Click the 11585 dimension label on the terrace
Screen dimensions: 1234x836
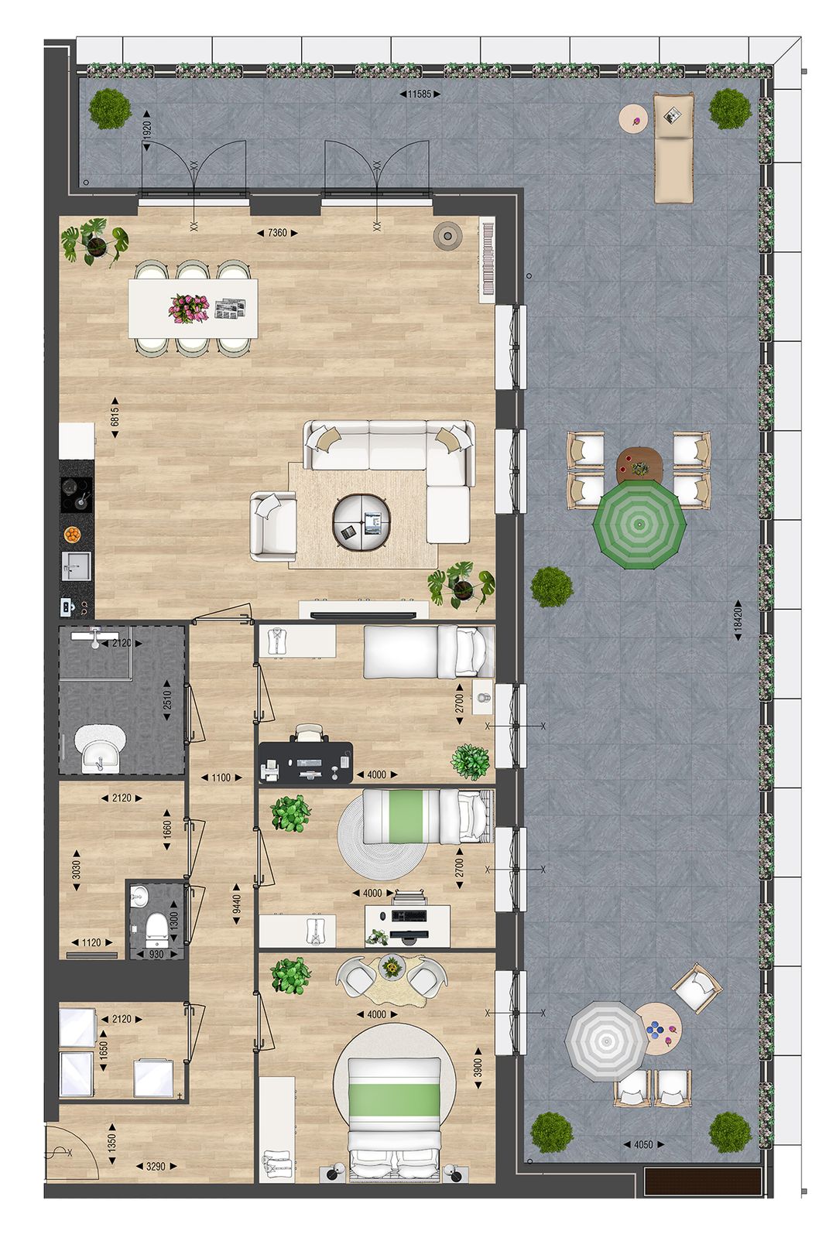tap(419, 94)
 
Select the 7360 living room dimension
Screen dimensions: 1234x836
tap(276, 233)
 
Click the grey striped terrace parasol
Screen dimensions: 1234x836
tap(605, 1041)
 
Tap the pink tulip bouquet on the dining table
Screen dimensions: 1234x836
tap(189, 307)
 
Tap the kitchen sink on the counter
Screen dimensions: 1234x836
tap(77, 566)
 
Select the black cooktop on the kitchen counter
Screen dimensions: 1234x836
tap(77, 494)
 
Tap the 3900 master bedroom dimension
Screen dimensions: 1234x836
tap(478, 1068)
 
